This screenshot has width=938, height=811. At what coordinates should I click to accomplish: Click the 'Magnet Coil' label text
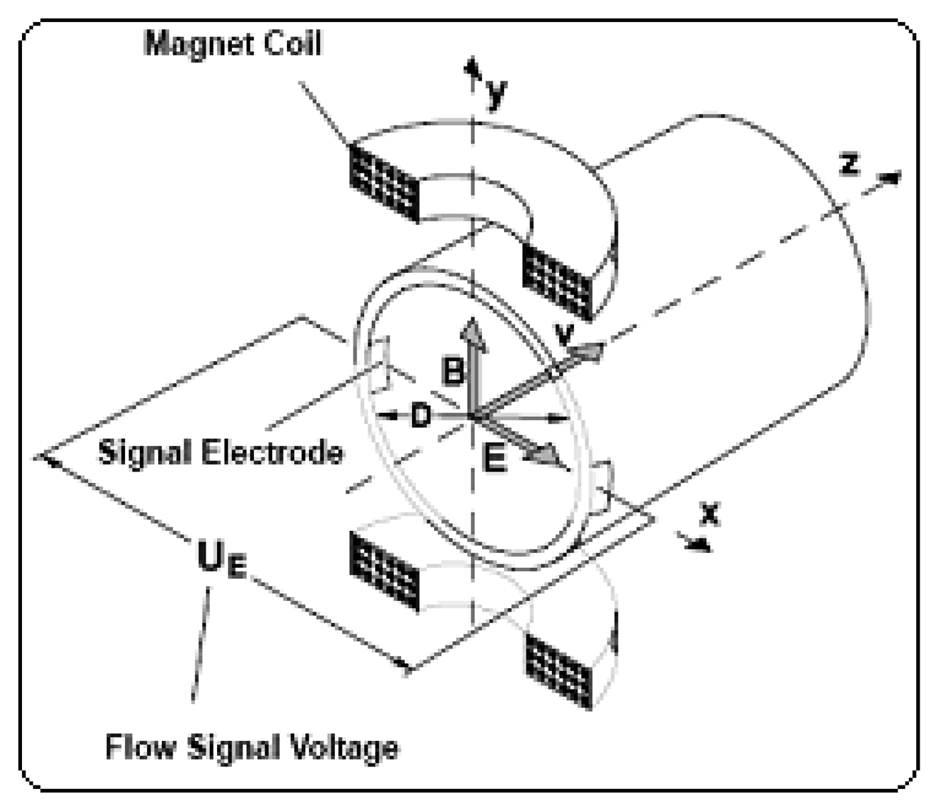pyautogui.click(x=233, y=43)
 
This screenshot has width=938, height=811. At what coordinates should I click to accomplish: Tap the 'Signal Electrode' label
pyautogui.click(x=221, y=452)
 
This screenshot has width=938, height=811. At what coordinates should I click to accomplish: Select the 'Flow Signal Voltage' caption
pyautogui.click(x=252, y=747)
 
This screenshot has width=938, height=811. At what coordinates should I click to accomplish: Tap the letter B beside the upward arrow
pyautogui.click(x=453, y=371)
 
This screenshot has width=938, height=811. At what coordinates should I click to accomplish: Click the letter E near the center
pyautogui.click(x=494, y=459)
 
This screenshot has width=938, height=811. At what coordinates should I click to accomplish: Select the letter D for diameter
pyautogui.click(x=421, y=416)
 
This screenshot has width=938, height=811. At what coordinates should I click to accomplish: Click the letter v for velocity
pyautogui.click(x=563, y=336)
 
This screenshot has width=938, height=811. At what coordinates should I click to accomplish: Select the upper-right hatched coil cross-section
pyautogui.click(x=556, y=282)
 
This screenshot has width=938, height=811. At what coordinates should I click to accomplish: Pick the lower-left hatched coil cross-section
pyautogui.click(x=385, y=569)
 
